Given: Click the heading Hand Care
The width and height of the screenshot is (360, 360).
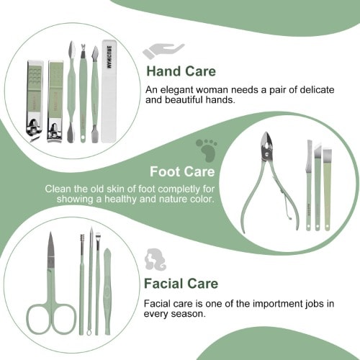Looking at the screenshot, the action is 181,71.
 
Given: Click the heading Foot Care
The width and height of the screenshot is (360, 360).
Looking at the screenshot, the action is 182,172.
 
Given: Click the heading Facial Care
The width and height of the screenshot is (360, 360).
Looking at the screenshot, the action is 181,284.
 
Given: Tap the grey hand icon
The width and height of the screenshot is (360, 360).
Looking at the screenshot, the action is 163,51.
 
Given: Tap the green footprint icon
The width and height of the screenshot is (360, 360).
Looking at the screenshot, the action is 207,150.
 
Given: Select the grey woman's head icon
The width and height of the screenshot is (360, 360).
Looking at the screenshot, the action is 156,260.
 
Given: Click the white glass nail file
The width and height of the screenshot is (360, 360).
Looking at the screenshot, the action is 109,91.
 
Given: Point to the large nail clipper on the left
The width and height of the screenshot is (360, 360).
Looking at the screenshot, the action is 35,101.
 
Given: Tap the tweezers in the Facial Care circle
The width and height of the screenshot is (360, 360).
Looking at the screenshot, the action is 107,292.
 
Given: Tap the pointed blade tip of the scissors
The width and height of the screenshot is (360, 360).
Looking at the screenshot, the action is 50,233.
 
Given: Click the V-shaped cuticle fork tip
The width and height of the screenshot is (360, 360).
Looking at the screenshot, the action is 84,47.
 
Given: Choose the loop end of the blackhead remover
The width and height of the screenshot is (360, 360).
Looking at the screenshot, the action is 89,333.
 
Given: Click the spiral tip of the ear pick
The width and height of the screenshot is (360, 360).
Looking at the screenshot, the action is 82,239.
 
